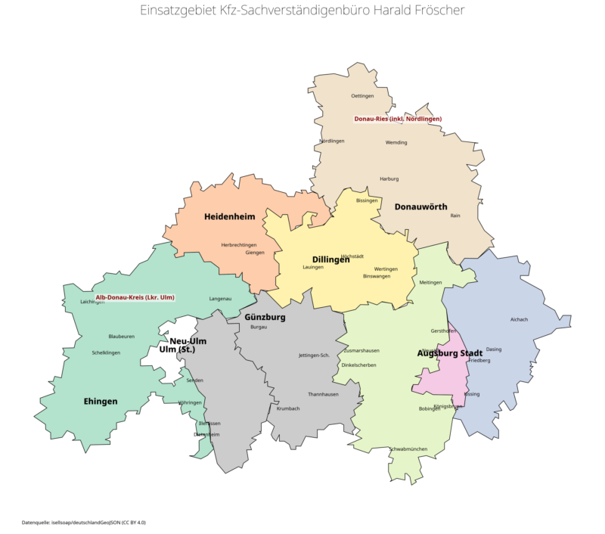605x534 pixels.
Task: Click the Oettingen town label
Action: tap(363, 96)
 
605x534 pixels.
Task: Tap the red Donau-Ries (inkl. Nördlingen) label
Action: tap(398, 119)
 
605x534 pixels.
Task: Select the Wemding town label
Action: tap(396, 142)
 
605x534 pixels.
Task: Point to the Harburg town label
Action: tap(389, 179)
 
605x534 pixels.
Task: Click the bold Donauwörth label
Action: tap(420, 206)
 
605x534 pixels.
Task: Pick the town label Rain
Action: tap(455, 216)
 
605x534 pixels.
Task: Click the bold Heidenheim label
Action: tap(230, 217)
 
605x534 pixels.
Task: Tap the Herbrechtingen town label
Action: tap(239, 245)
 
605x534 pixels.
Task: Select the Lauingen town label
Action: tap(312, 267)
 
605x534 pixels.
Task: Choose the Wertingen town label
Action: tap(386, 269)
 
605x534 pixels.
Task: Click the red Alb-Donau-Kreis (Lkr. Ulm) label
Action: tap(135, 297)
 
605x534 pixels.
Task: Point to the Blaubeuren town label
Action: tap(121, 336)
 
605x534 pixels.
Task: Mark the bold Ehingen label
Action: tap(101, 402)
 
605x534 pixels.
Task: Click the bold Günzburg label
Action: tap(265, 318)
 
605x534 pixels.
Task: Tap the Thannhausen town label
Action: tap(323, 394)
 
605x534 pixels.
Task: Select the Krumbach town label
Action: tap(288, 408)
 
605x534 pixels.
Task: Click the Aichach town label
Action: tap(519, 319)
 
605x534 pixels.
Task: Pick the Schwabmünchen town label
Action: tap(408, 449)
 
